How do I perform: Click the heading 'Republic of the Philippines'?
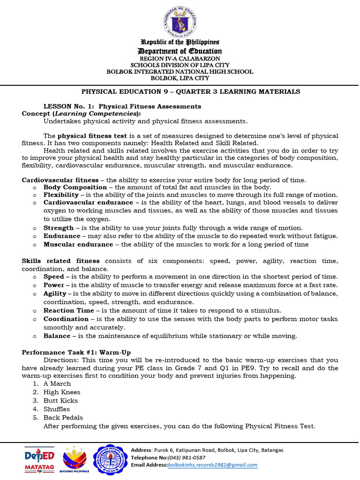[x=180, y=42]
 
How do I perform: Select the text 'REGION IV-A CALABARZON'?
[x=180, y=59]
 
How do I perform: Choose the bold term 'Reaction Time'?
[x=68, y=310]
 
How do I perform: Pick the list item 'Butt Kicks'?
[x=60, y=401]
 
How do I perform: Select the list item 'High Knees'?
[x=62, y=392]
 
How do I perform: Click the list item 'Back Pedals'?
[x=63, y=418]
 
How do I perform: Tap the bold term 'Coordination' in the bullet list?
[x=66, y=319]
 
